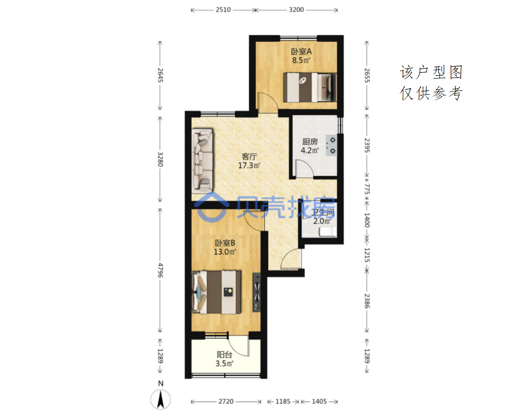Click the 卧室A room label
[x=301, y=52]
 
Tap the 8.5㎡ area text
[x=301, y=60]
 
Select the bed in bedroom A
[x=310, y=87]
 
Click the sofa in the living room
[x=202, y=160]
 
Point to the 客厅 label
[x=249, y=157]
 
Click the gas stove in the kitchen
[x=331, y=146]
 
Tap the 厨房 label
[x=310, y=142]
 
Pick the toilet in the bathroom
[x=328, y=232]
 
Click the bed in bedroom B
[x=216, y=292]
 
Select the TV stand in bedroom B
[x=256, y=292]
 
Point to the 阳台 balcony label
[x=224, y=354]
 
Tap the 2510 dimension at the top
[x=223, y=10]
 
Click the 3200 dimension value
[x=296, y=10]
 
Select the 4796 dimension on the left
[x=160, y=270]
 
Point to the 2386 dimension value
[x=367, y=301]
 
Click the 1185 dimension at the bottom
[x=283, y=401]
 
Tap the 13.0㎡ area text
[x=225, y=252]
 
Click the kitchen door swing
[x=304, y=168]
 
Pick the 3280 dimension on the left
[x=160, y=159]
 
